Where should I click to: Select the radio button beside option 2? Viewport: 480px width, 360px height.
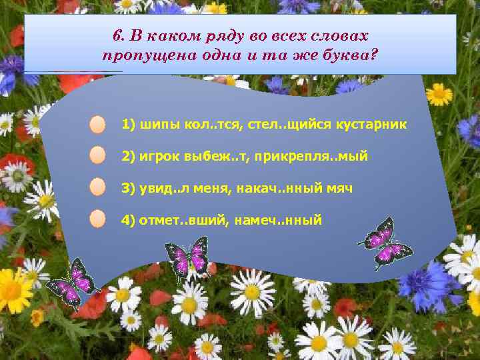pos(97,156)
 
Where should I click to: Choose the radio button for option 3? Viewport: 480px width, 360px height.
pos(97,187)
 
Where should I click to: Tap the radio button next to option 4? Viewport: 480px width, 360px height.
pos(97,219)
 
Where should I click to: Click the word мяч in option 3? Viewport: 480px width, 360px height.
pos(340,188)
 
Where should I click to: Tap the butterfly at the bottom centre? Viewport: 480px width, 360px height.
pos(188,259)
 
